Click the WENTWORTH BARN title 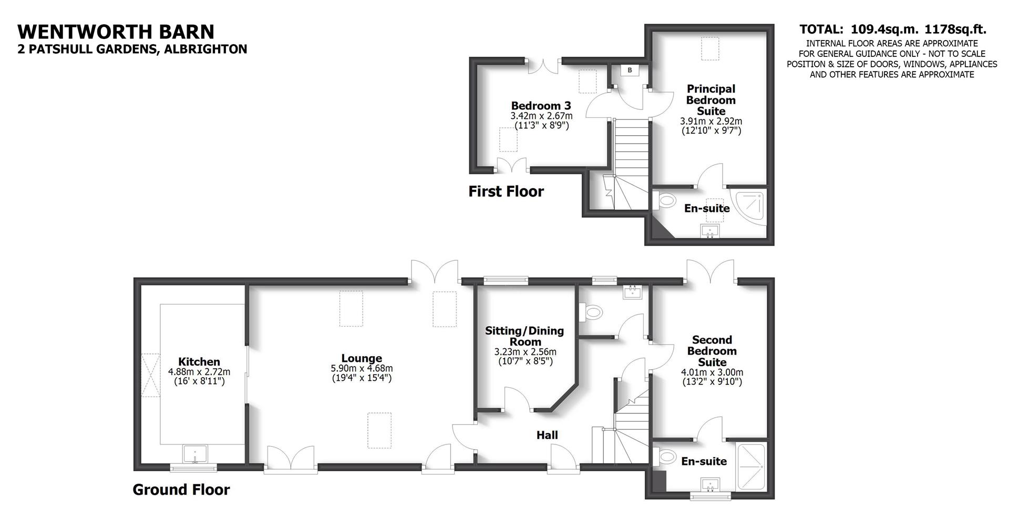tap(116, 32)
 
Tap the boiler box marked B tap(630, 69)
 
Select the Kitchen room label tap(199, 362)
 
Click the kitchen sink tap(195, 453)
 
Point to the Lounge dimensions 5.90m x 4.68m tap(362, 369)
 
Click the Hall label tap(547, 435)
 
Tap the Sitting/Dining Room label tap(524, 336)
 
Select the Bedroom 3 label tap(541, 105)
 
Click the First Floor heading tap(506, 191)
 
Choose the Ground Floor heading tap(181, 490)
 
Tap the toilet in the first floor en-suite tap(666, 200)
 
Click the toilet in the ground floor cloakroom tap(591, 312)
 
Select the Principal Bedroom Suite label tap(711, 100)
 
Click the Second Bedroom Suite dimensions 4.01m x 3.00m tap(712, 372)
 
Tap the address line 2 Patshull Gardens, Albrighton tap(132, 49)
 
